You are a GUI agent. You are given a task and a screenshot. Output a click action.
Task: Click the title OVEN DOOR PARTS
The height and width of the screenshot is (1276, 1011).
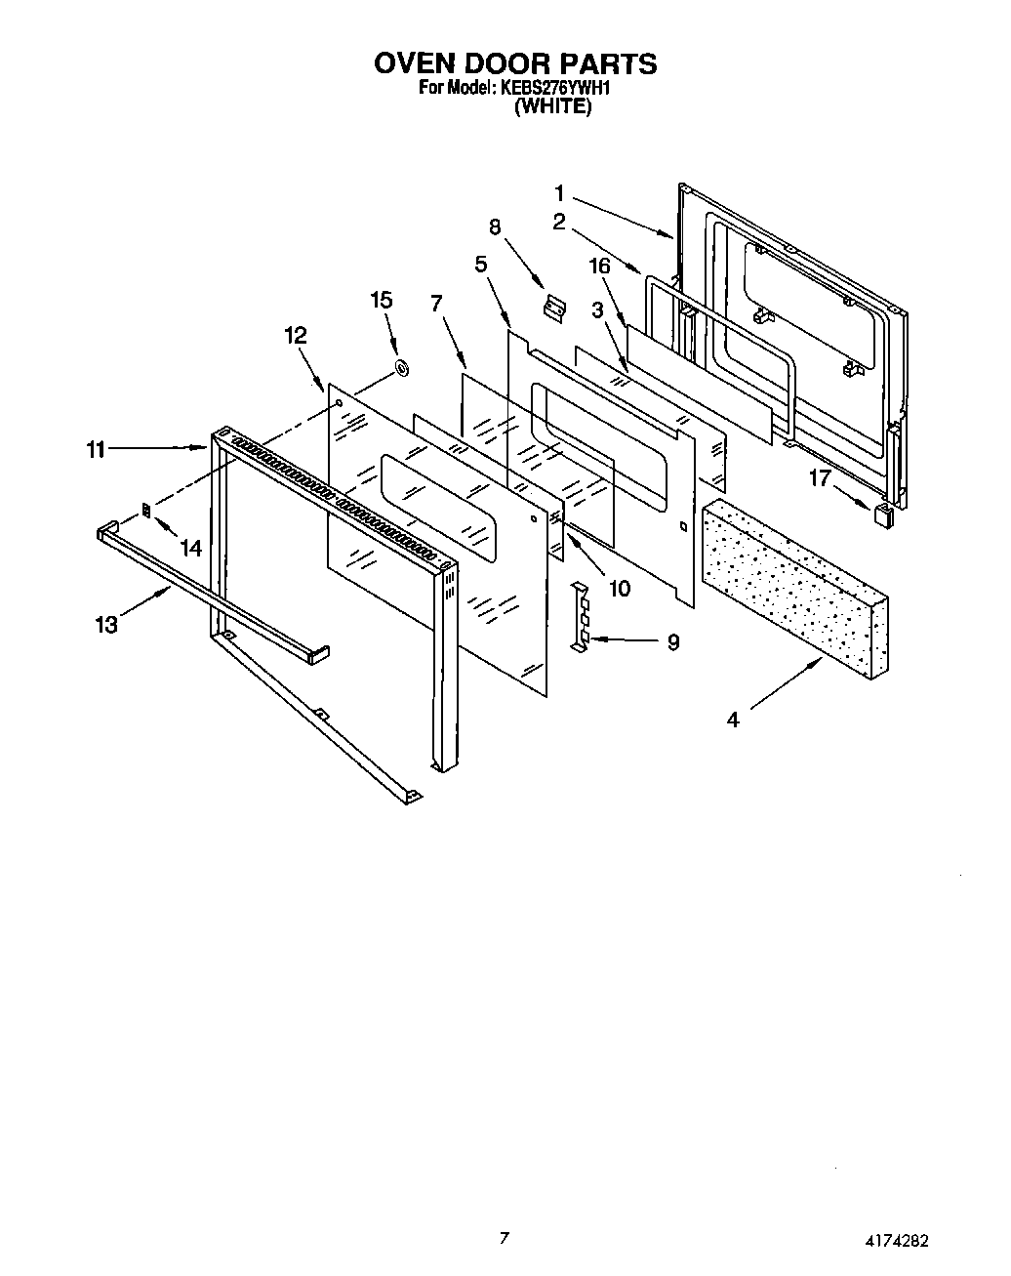pyautogui.click(x=515, y=64)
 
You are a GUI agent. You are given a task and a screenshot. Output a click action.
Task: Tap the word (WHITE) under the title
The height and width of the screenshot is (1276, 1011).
pyautogui.click(x=552, y=107)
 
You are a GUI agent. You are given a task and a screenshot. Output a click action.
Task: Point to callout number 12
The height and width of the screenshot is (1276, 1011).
pyautogui.click(x=296, y=336)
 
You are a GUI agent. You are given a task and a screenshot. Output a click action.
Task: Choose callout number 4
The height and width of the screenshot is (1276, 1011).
pyautogui.click(x=732, y=720)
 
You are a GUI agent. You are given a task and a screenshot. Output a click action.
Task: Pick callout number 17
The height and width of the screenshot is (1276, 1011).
pyautogui.click(x=821, y=478)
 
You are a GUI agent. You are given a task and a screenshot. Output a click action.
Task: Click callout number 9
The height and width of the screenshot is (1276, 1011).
pyautogui.click(x=672, y=642)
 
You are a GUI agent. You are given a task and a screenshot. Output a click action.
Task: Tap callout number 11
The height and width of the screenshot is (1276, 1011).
pyautogui.click(x=95, y=449)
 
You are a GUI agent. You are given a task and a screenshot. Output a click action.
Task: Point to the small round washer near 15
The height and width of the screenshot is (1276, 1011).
pyautogui.click(x=400, y=369)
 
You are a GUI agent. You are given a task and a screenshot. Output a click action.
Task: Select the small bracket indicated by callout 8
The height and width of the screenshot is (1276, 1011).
pyautogui.click(x=555, y=309)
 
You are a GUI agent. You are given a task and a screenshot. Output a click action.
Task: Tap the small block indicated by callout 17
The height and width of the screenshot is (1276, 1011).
pyautogui.click(x=884, y=515)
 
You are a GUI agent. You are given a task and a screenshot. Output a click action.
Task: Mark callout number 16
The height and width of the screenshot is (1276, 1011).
pyautogui.click(x=599, y=266)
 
